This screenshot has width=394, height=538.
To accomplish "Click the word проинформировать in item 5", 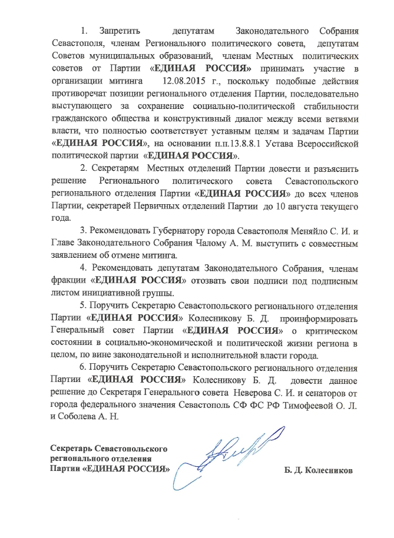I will point(319,318).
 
